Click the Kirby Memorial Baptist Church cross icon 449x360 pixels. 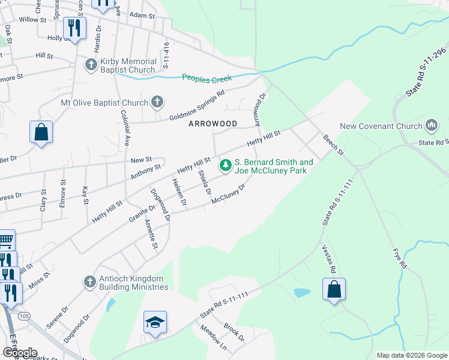pyautogui.click(x=91, y=64)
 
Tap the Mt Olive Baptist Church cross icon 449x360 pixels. pyautogui.click(x=157, y=102)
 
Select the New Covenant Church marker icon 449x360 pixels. pyautogui.click(x=431, y=125)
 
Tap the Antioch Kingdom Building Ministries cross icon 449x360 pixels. pyautogui.click(x=89, y=281)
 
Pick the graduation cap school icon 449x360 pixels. pyautogui.click(x=154, y=322)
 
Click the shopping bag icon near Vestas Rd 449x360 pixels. pyautogui.click(x=334, y=290)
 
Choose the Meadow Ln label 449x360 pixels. pyautogui.click(x=214, y=339)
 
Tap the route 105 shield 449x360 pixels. pyautogui.click(x=24, y=315)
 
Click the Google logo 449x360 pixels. pyautogui.click(x=20, y=353)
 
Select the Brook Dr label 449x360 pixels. pyautogui.click(x=234, y=332)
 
